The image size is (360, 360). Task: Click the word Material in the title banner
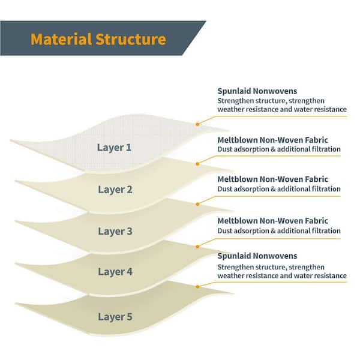[x=61, y=39]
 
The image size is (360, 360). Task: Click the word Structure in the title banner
[x=131, y=39]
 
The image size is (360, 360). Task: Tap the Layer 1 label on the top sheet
[x=114, y=148]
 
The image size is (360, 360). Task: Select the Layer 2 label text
[x=115, y=190]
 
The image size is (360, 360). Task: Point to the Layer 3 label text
[x=115, y=232]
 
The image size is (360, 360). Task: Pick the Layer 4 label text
[x=115, y=272]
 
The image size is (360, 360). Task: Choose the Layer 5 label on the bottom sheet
[x=115, y=317]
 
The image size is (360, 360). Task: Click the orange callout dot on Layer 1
[x=197, y=124]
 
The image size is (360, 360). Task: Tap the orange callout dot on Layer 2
[x=197, y=164]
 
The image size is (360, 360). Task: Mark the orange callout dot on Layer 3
[x=197, y=204]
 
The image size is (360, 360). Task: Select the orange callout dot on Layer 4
[x=197, y=247]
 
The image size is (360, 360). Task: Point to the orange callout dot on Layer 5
[x=197, y=287]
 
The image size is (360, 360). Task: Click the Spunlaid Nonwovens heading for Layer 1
[x=257, y=91]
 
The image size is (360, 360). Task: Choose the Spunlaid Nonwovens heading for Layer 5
[x=257, y=256]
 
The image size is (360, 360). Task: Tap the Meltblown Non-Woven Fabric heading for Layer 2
[x=273, y=140]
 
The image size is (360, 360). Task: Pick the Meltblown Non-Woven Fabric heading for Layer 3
[x=273, y=179]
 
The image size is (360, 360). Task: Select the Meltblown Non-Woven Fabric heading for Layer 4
[x=273, y=221]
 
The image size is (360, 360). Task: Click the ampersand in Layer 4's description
[x=273, y=231]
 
